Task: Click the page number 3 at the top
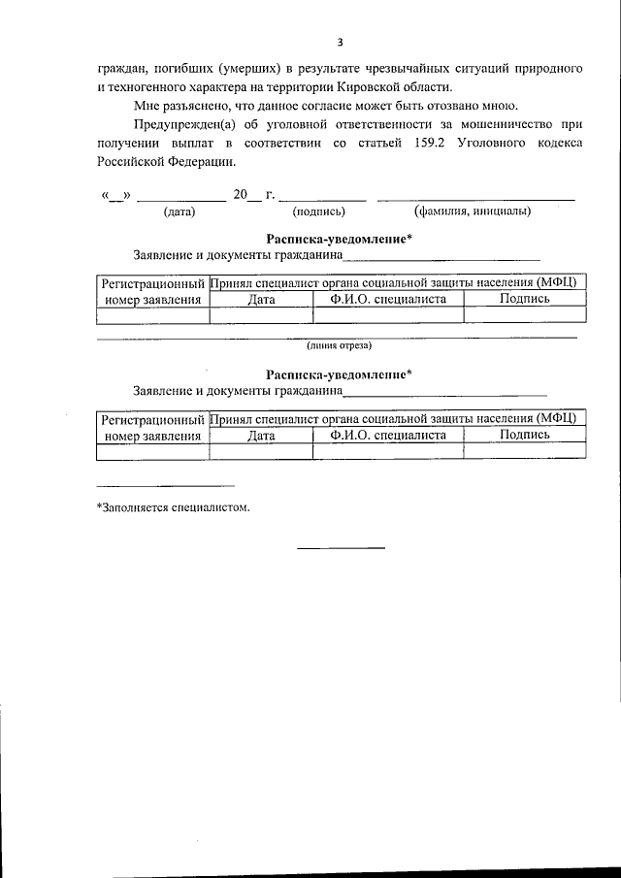click(340, 42)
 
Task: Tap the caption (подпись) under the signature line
click(319, 210)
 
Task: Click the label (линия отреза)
click(339, 344)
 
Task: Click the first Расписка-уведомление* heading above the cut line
click(339, 239)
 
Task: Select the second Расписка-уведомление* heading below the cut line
click(339, 374)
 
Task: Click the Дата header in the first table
click(261, 300)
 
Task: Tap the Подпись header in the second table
click(524, 435)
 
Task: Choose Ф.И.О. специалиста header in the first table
click(388, 300)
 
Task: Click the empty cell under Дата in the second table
click(261, 451)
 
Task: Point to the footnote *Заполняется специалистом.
click(173, 505)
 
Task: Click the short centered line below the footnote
click(341, 548)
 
